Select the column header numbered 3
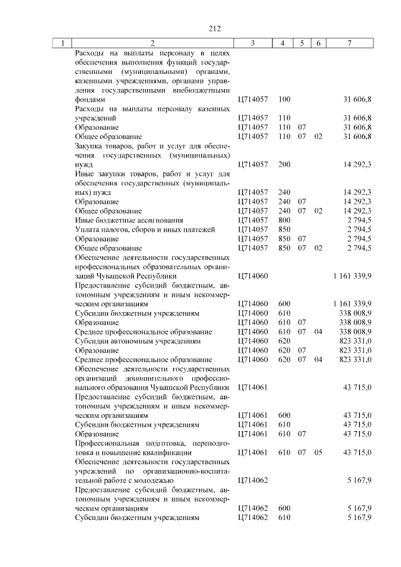coord(253,43)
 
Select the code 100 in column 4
coord(284,100)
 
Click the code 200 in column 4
coord(284,164)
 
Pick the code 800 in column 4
coord(284,220)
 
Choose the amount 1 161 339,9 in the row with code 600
coord(353,304)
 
